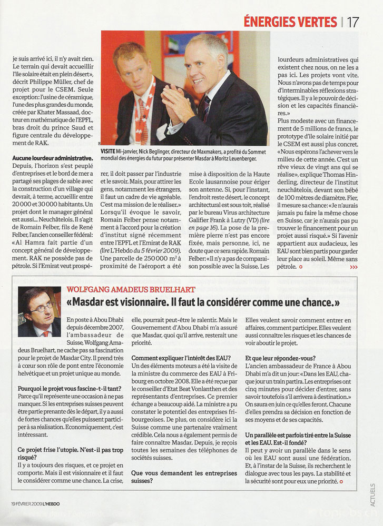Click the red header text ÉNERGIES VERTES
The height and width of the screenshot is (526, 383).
tap(290, 22)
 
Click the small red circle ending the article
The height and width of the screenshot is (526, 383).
tap(300, 267)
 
